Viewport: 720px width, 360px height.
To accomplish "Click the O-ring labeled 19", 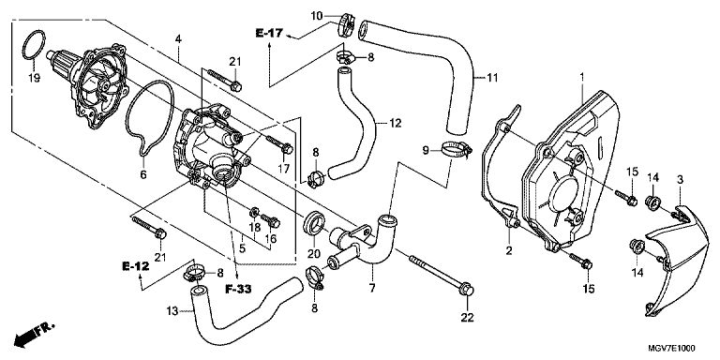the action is (x=22, y=46).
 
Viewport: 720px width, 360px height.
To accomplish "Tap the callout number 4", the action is (x=178, y=38).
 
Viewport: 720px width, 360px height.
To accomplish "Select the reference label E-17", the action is (x=270, y=33).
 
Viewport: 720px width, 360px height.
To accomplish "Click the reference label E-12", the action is (x=135, y=266).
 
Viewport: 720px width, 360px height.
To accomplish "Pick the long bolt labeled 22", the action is (x=441, y=274).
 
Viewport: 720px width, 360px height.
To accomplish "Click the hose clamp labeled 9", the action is (x=457, y=148).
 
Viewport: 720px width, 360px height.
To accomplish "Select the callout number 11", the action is (x=492, y=78).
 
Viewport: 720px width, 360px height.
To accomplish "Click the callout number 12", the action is (x=396, y=123).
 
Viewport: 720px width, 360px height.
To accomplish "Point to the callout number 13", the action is (x=172, y=311).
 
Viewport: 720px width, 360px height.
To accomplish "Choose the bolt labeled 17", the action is (x=279, y=144).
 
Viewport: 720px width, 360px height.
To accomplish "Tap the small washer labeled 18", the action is (x=254, y=213).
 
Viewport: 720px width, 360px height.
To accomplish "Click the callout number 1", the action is (x=582, y=78).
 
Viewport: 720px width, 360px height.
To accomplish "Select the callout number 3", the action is (x=680, y=180).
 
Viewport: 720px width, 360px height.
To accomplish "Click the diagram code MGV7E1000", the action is (x=671, y=348).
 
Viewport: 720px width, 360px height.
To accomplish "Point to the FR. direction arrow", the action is (x=34, y=334).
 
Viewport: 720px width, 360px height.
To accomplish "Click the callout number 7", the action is (x=371, y=289).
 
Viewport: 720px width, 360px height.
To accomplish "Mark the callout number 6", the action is (x=142, y=174).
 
